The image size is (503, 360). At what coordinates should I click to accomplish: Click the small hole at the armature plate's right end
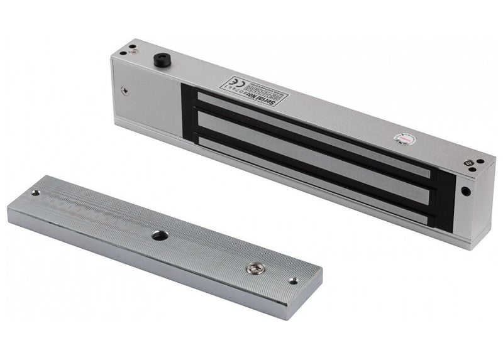293,281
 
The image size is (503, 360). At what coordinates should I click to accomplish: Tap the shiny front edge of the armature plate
157,264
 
